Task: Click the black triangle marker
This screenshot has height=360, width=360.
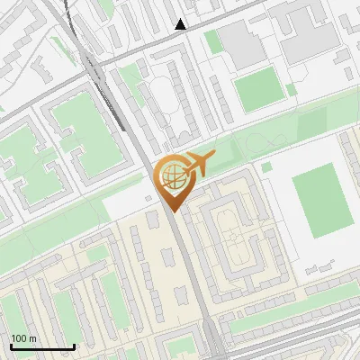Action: tap(181, 24)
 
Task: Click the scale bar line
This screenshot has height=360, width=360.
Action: tap(41, 346)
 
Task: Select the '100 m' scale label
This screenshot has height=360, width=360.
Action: tap(24, 338)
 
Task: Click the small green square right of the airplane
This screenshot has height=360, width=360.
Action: tap(266, 166)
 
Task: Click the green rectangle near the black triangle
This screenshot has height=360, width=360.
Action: tap(212, 41)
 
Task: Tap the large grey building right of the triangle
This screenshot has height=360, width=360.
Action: tap(240, 41)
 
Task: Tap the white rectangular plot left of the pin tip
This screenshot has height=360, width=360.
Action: tap(126, 203)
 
